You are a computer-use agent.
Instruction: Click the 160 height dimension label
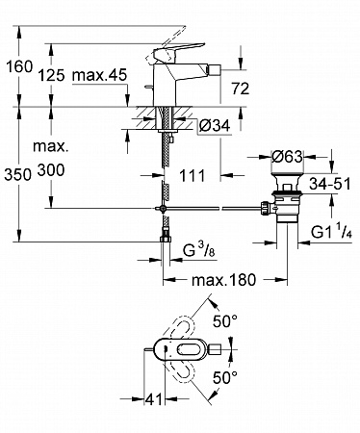click(x=20, y=66)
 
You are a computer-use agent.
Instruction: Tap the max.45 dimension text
click(x=100, y=75)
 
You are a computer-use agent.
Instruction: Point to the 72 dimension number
click(x=241, y=89)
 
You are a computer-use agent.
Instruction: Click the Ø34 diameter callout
click(x=215, y=125)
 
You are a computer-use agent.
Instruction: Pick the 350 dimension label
click(x=17, y=175)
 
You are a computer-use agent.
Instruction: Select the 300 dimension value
click(x=51, y=169)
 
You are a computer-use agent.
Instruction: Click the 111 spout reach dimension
click(x=192, y=176)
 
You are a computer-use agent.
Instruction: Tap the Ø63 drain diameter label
click(x=287, y=157)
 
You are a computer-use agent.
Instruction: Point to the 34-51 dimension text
click(x=330, y=184)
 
